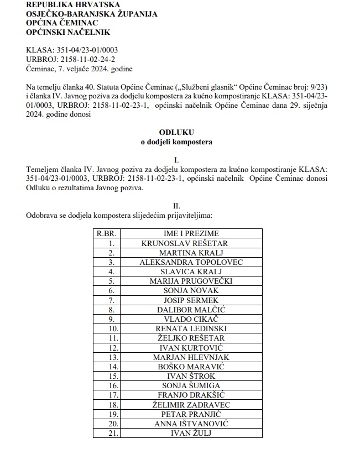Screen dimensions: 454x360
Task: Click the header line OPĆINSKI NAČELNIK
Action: click(68, 32)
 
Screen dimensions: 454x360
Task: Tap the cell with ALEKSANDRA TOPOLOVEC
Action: click(191, 262)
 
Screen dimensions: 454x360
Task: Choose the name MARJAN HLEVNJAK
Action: click(191, 357)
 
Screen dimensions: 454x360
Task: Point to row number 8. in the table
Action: click(112, 310)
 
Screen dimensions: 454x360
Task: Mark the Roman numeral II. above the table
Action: click(176, 205)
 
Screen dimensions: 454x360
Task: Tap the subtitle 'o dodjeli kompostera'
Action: click(176, 142)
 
